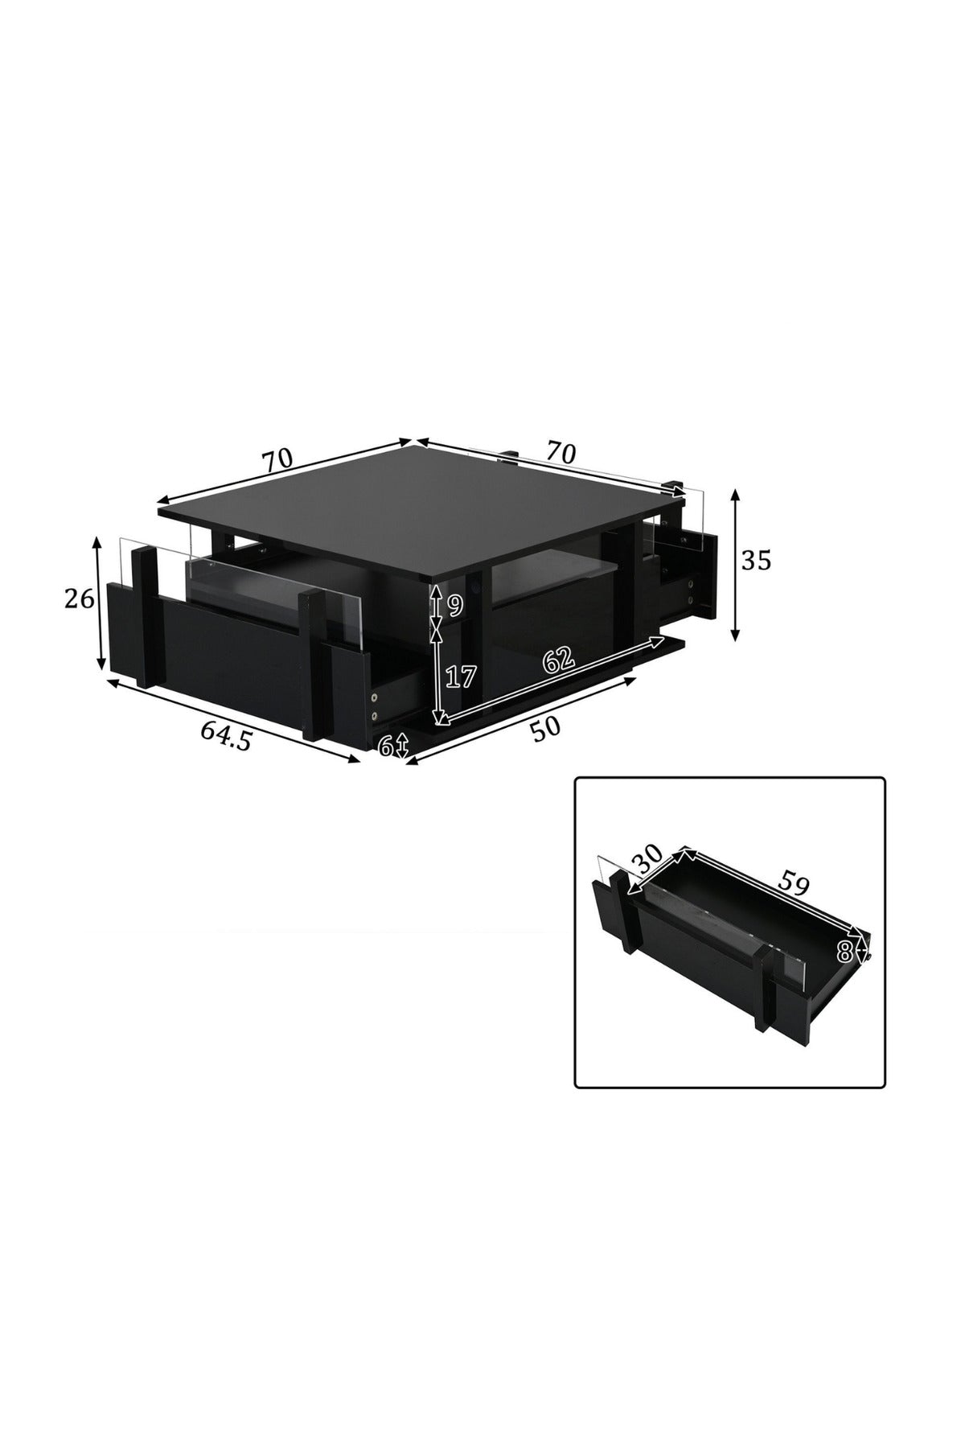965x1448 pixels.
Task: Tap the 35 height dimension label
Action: click(x=755, y=560)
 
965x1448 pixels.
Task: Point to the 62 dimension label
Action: click(x=558, y=660)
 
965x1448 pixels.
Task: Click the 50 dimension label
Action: click(x=545, y=728)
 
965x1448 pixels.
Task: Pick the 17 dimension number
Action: click(x=461, y=677)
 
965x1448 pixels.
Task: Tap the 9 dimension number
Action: click(x=455, y=605)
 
